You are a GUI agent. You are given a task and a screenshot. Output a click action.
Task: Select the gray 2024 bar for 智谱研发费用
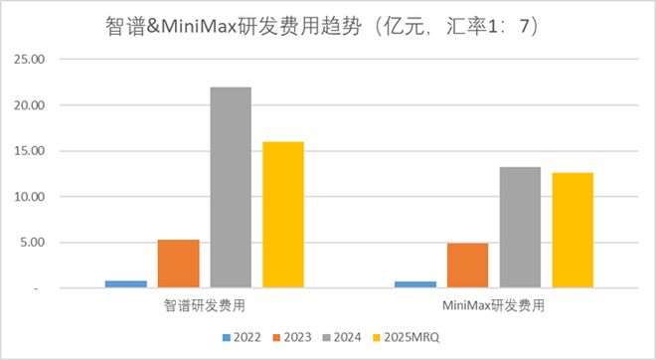[x=231, y=187]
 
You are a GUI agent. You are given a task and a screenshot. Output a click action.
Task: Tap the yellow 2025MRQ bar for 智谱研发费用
[x=283, y=215]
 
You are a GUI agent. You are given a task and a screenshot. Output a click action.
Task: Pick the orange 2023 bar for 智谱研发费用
[x=178, y=264]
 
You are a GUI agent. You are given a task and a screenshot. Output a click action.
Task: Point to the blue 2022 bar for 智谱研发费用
[x=125, y=284]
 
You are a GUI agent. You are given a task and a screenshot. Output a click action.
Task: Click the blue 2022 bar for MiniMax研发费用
[x=414, y=284]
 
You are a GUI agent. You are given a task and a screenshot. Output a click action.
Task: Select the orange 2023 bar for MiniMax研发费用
[x=467, y=266]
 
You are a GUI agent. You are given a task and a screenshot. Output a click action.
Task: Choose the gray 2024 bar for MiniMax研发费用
[x=520, y=228]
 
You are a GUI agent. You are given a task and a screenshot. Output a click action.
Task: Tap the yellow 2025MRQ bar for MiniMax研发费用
[x=573, y=231]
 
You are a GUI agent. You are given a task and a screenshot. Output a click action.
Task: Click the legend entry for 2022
[x=244, y=338]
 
